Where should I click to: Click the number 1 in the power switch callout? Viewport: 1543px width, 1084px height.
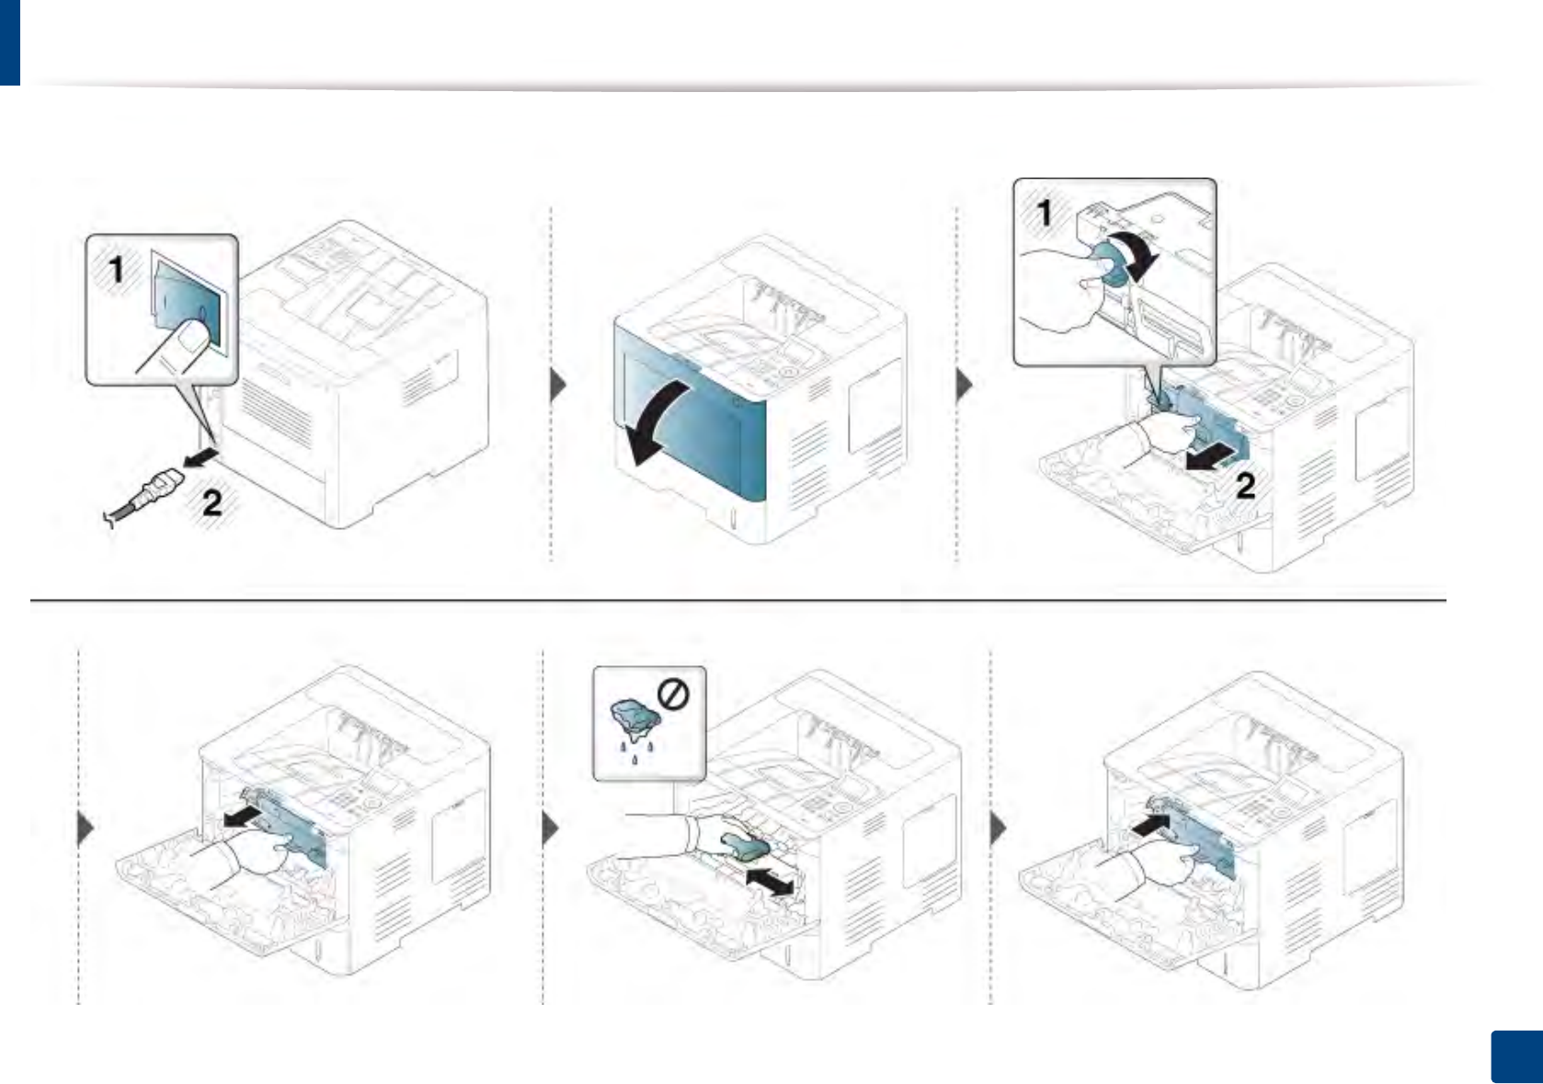click(117, 270)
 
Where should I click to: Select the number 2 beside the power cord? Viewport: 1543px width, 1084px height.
click(212, 502)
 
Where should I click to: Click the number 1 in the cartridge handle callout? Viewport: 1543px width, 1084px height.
click(1045, 213)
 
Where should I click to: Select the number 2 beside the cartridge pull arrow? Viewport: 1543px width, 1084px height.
click(1245, 486)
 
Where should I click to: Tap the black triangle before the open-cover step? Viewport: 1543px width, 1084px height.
click(558, 386)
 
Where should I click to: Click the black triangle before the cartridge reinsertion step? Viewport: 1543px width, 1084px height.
click(1000, 830)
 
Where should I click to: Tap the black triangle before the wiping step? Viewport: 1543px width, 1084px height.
click(551, 829)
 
